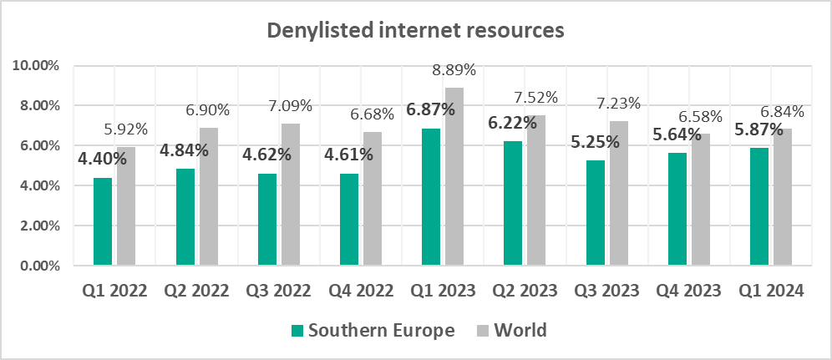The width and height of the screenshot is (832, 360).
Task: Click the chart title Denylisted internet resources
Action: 415,32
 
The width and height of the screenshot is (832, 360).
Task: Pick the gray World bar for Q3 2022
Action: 291,195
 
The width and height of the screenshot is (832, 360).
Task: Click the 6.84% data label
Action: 783,111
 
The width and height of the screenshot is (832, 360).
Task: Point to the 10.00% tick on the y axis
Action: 37,65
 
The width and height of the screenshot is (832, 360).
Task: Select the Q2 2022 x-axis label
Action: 196,291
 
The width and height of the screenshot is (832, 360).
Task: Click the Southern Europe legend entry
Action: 372,330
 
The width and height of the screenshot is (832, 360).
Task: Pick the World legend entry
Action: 512,330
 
